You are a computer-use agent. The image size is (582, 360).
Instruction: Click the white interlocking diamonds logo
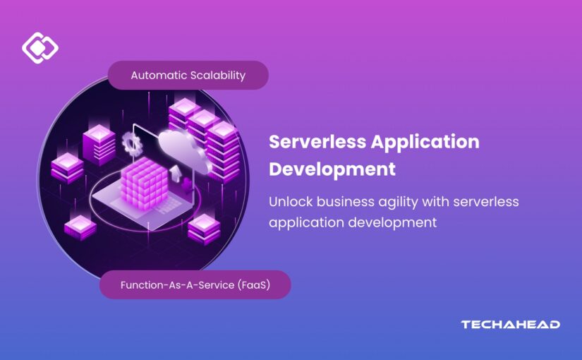pyautogui.click(x=40, y=47)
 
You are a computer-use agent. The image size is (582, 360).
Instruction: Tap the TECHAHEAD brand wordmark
pyautogui.click(x=510, y=325)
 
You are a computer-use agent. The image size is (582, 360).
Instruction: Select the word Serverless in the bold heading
pyautogui.click(x=317, y=142)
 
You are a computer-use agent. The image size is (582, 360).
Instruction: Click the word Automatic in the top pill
pyautogui.click(x=159, y=76)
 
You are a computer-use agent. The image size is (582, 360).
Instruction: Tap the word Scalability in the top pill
pyautogui.click(x=218, y=76)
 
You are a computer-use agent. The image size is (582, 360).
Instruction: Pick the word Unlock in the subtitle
pyautogui.click(x=291, y=202)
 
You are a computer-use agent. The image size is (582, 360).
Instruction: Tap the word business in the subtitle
pyautogui.click(x=346, y=202)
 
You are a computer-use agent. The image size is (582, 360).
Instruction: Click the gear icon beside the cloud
pyautogui.click(x=131, y=143)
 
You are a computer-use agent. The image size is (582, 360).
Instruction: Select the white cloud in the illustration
pyautogui.click(x=183, y=150)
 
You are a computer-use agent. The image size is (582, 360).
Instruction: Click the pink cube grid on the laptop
pyautogui.click(x=144, y=183)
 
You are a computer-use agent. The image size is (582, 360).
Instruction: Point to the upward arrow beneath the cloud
pyautogui.click(x=174, y=174)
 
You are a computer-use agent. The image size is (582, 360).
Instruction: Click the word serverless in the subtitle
pyautogui.click(x=486, y=202)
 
